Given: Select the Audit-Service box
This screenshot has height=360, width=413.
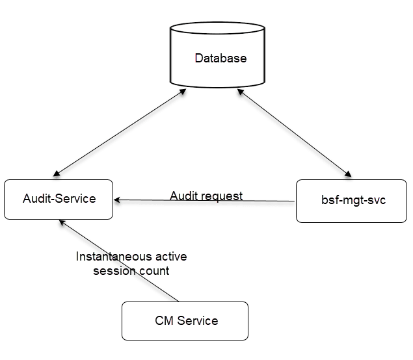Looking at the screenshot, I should coord(59,199).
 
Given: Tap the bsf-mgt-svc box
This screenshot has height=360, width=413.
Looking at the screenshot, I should coord(351,201).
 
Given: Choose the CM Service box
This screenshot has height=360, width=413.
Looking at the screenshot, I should coord(185,320).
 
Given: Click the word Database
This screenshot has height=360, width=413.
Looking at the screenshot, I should coord(221,58).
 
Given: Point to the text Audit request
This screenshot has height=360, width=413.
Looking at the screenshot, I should coord(206,196).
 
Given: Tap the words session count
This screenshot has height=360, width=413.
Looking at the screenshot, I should coord(131,270).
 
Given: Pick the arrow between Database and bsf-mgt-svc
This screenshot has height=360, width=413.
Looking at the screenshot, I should coord(293,135).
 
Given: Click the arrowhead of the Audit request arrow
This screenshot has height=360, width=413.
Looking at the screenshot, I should coord(116,199).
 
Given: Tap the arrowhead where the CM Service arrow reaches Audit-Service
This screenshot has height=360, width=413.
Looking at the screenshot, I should coord(61,222).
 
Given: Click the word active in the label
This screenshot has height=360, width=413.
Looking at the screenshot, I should coord(170,256).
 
